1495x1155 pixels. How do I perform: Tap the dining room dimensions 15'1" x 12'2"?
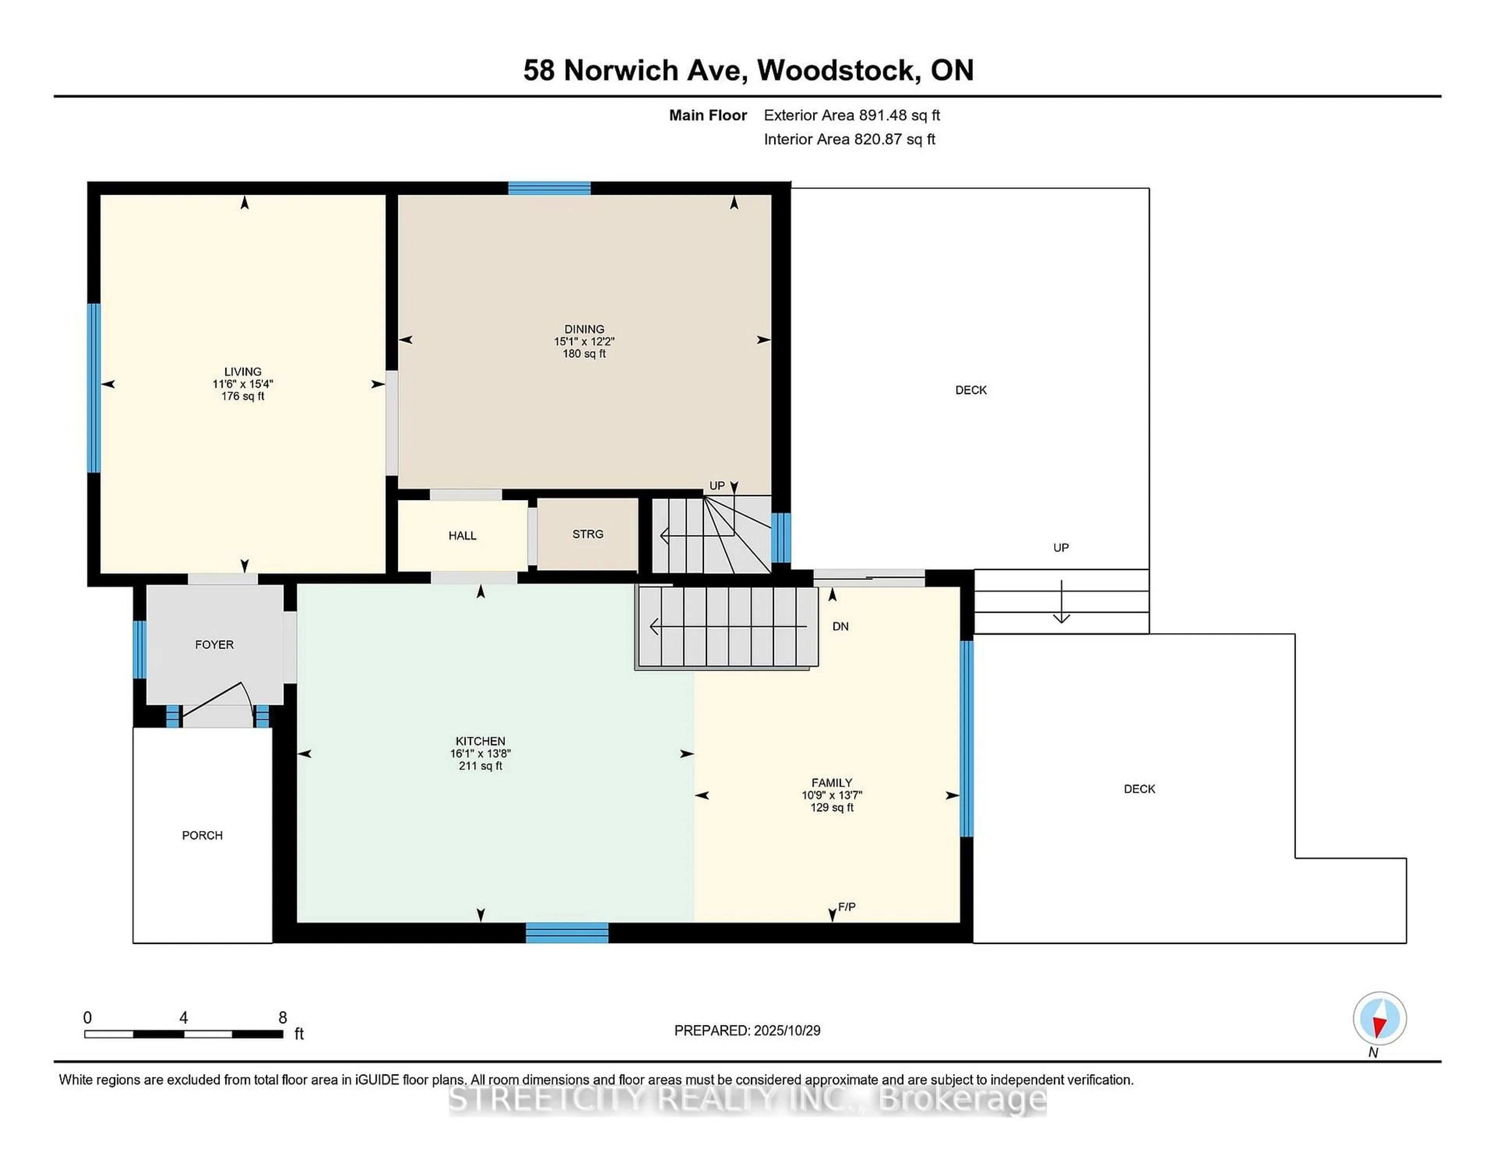[584, 342]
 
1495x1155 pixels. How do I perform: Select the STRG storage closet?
[587, 534]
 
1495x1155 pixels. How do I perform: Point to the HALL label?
[462, 535]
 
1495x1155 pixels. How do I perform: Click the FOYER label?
[214, 644]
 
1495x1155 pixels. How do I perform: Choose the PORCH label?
[202, 835]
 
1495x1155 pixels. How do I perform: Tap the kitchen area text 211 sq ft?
[480, 766]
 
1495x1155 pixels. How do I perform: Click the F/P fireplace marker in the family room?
[846, 907]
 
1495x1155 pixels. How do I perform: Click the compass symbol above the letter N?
[1379, 1018]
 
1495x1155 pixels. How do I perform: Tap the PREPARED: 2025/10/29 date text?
[747, 1030]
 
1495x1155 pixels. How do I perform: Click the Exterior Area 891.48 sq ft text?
[851, 115]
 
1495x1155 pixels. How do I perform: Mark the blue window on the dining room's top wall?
[549, 188]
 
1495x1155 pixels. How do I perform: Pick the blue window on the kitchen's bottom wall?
[567, 933]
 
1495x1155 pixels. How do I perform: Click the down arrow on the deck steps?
[1061, 602]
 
